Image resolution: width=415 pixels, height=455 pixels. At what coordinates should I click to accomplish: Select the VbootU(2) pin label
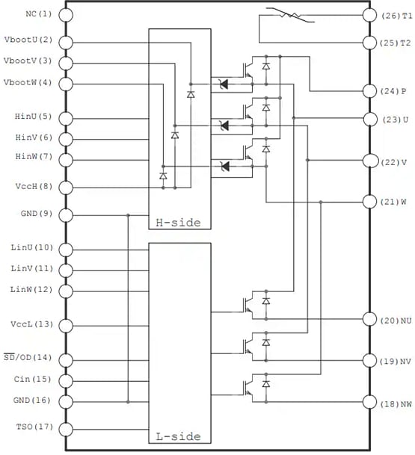click(28, 40)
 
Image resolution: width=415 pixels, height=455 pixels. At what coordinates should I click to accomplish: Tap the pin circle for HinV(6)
click(66, 138)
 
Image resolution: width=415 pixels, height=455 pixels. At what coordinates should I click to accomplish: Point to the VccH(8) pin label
click(34, 187)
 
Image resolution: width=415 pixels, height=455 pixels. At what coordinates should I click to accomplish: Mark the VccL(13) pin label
click(32, 324)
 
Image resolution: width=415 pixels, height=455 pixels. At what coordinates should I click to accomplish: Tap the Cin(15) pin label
click(34, 380)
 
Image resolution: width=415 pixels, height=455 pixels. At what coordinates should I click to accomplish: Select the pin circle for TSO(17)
click(66, 429)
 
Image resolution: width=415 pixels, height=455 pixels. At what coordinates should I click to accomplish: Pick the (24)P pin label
click(393, 91)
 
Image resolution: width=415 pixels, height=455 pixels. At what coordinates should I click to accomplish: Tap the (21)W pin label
click(394, 202)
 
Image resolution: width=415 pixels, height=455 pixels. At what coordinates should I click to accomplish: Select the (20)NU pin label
click(396, 320)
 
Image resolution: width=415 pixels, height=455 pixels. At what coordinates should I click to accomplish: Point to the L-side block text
click(179, 436)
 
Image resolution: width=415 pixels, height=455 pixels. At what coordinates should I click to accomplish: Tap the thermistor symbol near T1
click(285, 14)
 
